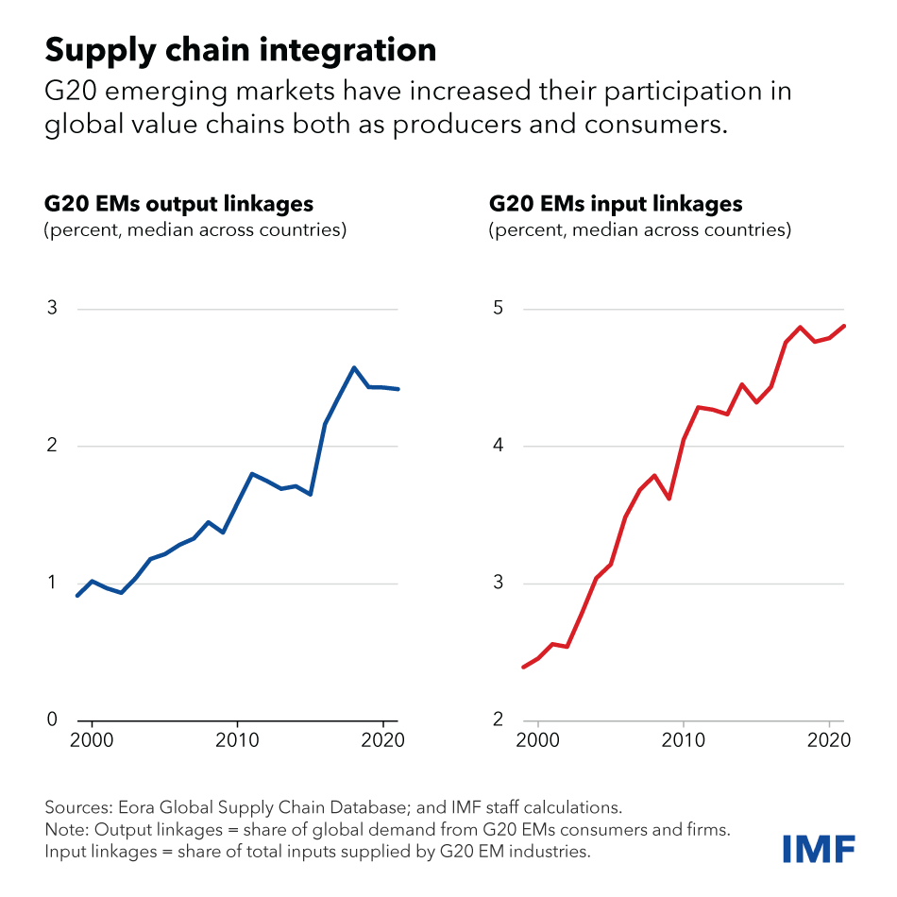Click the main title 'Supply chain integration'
[241, 50]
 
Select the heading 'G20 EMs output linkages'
[179, 204]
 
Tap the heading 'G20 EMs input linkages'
[616, 204]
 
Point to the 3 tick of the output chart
[53, 309]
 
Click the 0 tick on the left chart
[53, 720]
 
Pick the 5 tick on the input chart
[499, 309]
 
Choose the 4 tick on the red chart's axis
[499, 446]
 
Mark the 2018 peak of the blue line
[354, 367]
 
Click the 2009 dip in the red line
[669, 499]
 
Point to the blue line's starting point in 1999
[77, 596]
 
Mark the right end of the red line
[844, 326]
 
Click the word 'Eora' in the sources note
[132, 808]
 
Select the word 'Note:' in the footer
[66, 830]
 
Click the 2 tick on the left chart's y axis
[53, 446]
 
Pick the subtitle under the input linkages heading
[639, 229]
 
